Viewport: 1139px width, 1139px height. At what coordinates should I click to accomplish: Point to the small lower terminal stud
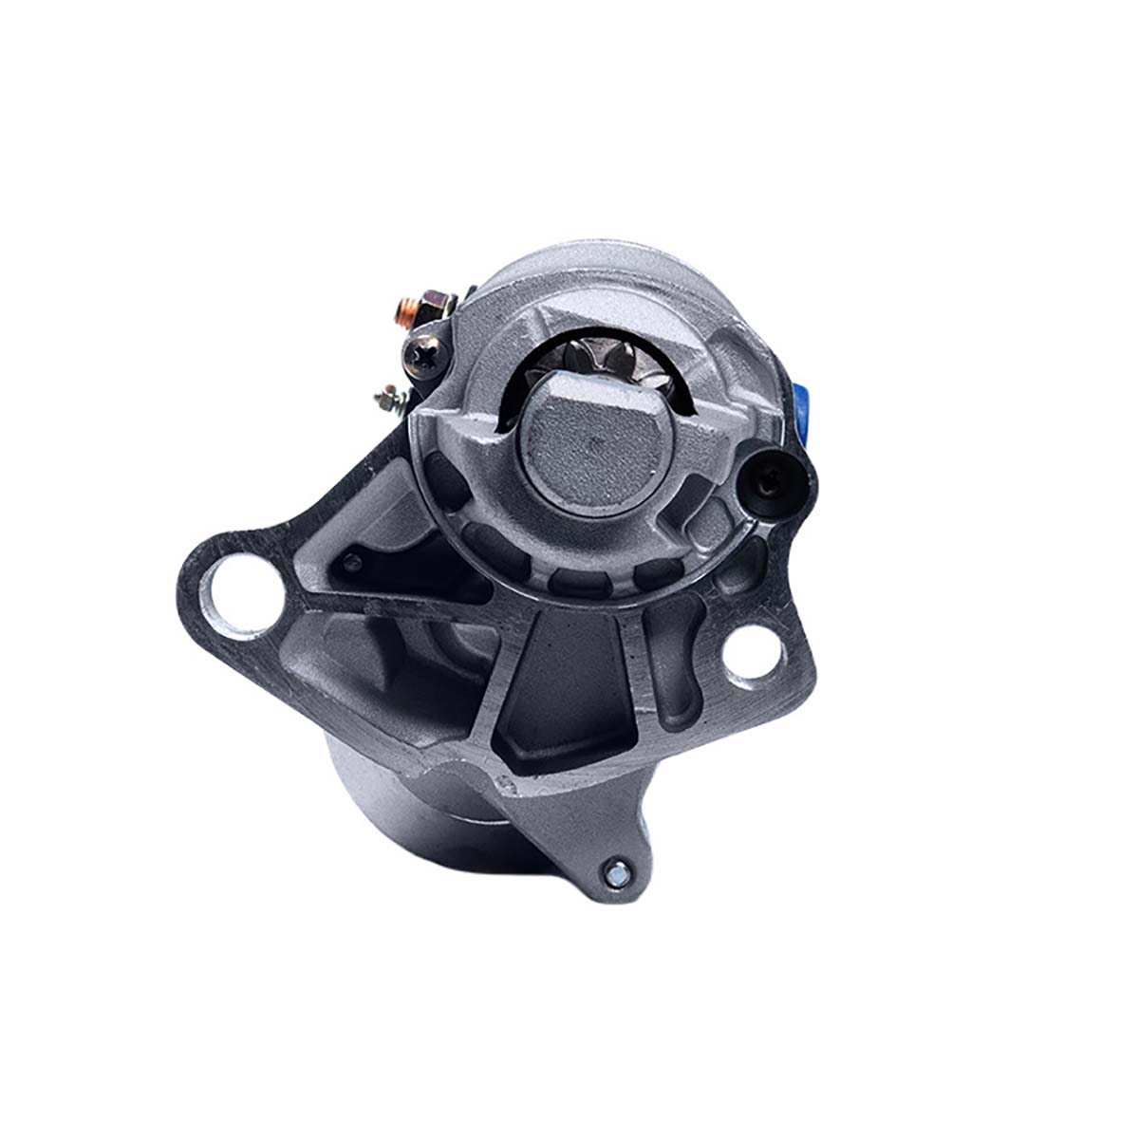coord(386,392)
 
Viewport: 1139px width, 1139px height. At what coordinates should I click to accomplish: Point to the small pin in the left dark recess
coord(353,562)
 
